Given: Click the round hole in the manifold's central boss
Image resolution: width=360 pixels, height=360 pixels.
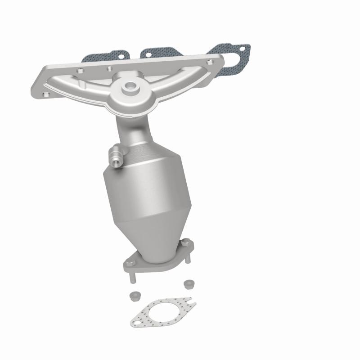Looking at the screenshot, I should point(130,85).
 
